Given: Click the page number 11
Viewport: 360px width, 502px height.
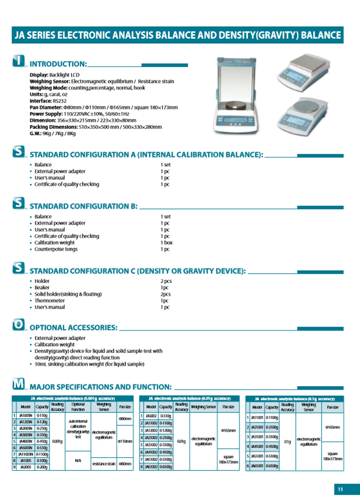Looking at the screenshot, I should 340,489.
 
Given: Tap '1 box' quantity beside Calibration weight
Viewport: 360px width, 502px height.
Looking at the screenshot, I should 166,243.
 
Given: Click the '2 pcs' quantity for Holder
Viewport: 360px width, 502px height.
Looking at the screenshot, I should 166,281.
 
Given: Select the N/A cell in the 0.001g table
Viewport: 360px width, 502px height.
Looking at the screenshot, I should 78,460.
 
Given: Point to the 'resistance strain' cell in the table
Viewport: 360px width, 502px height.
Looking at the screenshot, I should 104,464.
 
